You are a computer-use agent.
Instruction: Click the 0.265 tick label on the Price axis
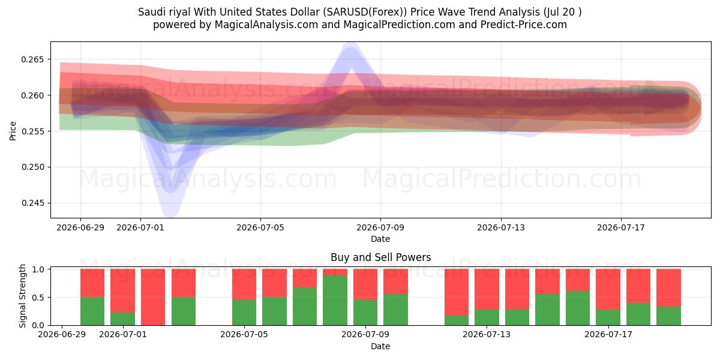click(x=32, y=59)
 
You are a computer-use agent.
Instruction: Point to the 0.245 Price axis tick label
click(x=32, y=203)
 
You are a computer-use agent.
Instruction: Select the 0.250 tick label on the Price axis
click(x=32, y=167)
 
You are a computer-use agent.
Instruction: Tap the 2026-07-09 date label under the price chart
click(x=380, y=227)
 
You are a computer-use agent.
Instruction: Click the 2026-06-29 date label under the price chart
click(x=80, y=227)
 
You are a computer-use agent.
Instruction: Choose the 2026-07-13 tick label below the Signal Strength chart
click(x=487, y=334)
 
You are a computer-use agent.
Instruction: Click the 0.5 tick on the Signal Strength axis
click(x=38, y=298)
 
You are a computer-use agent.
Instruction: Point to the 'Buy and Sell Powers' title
click(x=380, y=257)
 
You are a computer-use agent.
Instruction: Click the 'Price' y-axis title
click(x=13, y=131)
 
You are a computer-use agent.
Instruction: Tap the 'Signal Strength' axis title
click(x=22, y=296)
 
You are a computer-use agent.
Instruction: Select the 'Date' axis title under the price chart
click(x=380, y=239)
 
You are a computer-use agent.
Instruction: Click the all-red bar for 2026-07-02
click(x=153, y=297)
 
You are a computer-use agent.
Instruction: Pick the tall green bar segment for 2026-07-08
click(x=335, y=300)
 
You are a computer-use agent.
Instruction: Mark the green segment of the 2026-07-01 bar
click(x=123, y=319)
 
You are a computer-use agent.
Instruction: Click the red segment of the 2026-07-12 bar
click(x=457, y=292)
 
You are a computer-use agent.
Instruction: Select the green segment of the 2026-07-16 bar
click(x=578, y=308)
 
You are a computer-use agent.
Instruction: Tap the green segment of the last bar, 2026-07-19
click(x=668, y=316)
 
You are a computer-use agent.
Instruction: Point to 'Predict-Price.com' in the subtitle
click(x=524, y=25)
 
